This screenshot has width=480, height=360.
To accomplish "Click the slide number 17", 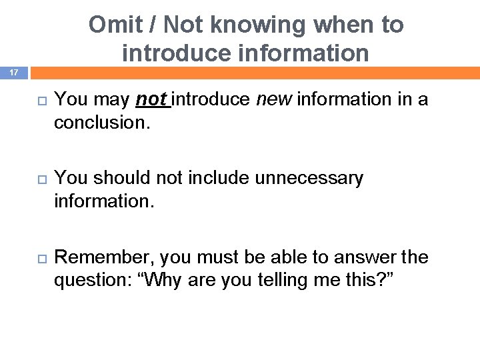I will click(13, 71).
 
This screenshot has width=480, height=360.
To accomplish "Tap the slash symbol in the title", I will click(153, 25).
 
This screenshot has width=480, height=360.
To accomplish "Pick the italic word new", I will click(274, 99).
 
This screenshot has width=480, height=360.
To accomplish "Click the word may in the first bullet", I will click(111, 100).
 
